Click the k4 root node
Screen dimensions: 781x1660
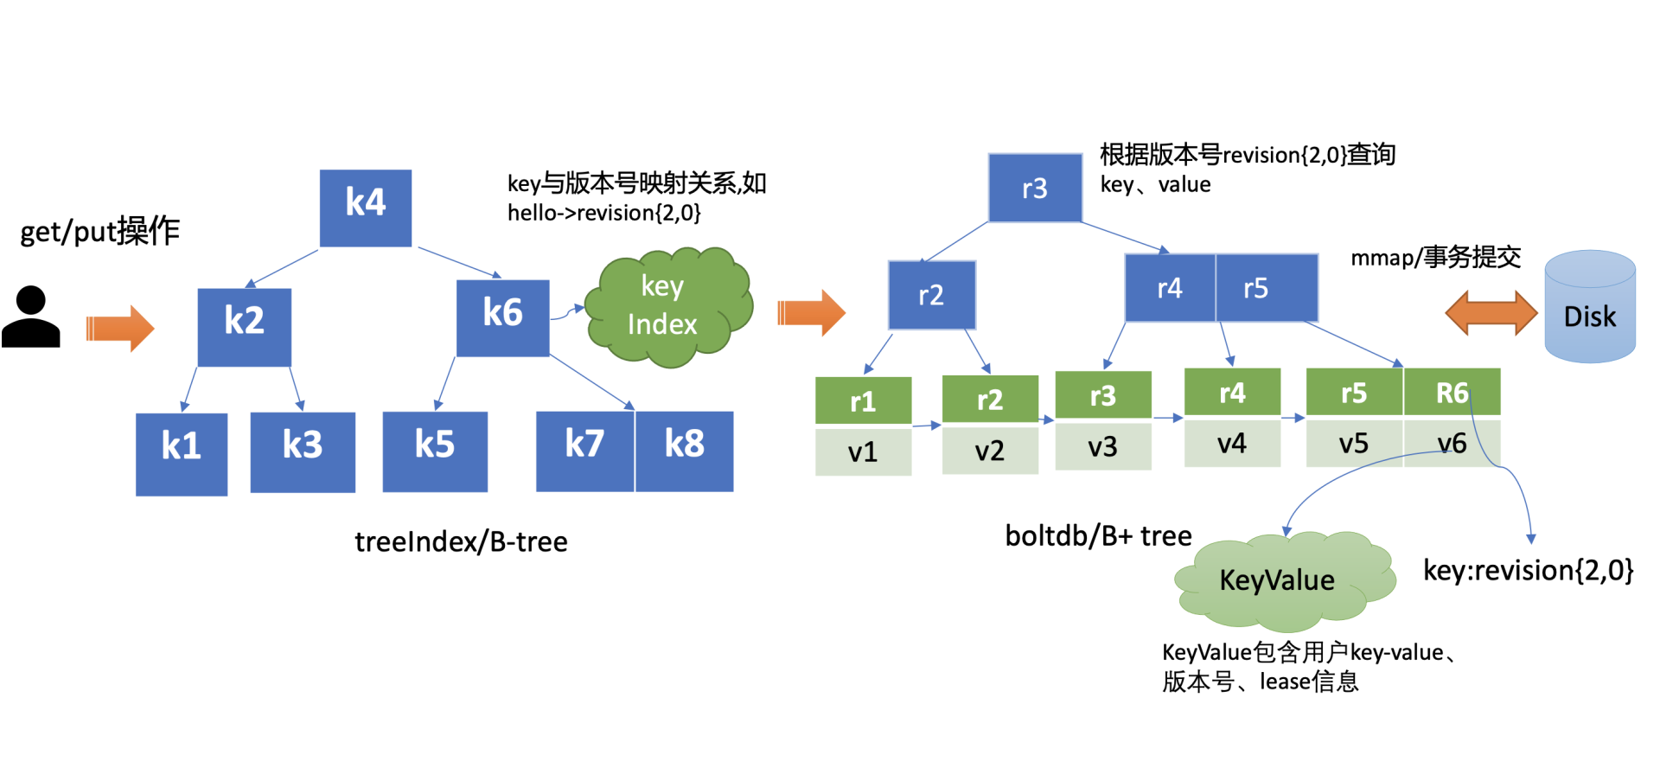366,208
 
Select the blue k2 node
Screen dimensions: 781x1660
244,327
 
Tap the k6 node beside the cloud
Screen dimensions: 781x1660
502,317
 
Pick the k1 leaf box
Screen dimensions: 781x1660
182,453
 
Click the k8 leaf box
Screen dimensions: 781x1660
685,451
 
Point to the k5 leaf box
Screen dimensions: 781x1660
435,451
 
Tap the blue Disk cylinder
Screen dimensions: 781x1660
1589,307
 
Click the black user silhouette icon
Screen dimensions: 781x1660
31,317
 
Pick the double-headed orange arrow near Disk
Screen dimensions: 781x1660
1491,312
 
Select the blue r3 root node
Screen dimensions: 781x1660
1035,188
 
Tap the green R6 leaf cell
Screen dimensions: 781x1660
1452,393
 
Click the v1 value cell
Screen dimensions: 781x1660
863,451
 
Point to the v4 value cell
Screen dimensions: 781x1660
1232,443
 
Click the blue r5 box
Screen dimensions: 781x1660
1266,287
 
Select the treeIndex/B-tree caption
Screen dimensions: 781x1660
461,542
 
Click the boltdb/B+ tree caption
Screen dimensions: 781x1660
1098,536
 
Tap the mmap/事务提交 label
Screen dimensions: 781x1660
1435,257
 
